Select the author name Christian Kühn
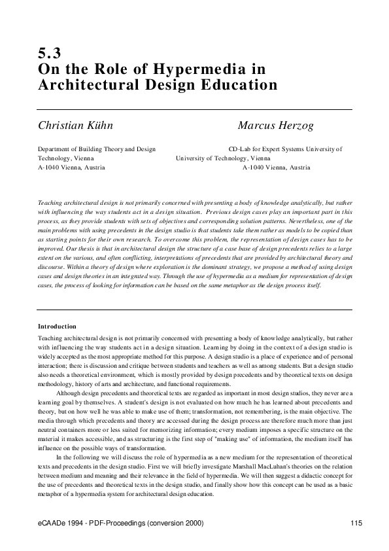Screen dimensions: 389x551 click(80, 125)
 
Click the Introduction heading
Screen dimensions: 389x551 click(57, 326)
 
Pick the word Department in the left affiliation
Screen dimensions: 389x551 click(56, 149)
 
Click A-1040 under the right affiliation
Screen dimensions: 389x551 click(254, 168)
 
